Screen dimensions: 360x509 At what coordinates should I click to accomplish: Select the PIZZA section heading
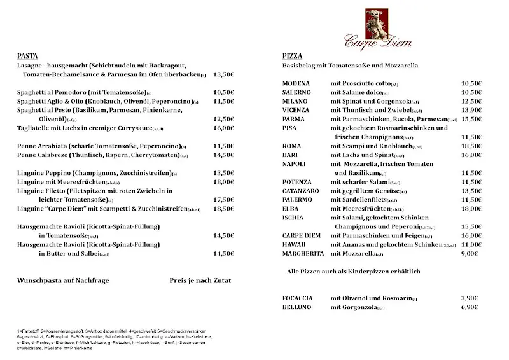pos(292,56)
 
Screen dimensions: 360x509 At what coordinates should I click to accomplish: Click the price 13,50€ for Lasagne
pos(223,74)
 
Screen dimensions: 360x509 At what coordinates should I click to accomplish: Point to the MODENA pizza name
pos(296,83)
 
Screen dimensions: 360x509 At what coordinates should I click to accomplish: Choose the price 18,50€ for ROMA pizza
pos(471,146)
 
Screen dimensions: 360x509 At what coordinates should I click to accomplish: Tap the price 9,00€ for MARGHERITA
pos(469,253)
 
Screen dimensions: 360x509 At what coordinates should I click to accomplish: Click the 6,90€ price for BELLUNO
pos(469,307)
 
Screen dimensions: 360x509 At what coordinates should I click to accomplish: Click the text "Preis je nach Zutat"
pos(200,280)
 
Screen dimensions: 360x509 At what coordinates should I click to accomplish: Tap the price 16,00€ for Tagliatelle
pos(223,128)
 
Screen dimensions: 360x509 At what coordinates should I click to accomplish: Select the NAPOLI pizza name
pos(295,163)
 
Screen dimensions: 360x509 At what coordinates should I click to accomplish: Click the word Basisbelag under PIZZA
pos(300,66)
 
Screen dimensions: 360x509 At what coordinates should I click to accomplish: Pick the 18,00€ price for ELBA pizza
pos(471,208)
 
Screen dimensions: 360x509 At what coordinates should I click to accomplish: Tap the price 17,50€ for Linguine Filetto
pos(223,199)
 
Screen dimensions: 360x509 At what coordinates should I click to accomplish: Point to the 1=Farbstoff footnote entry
pos(30,331)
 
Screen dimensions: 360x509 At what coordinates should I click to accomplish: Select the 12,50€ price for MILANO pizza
pos(471,101)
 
